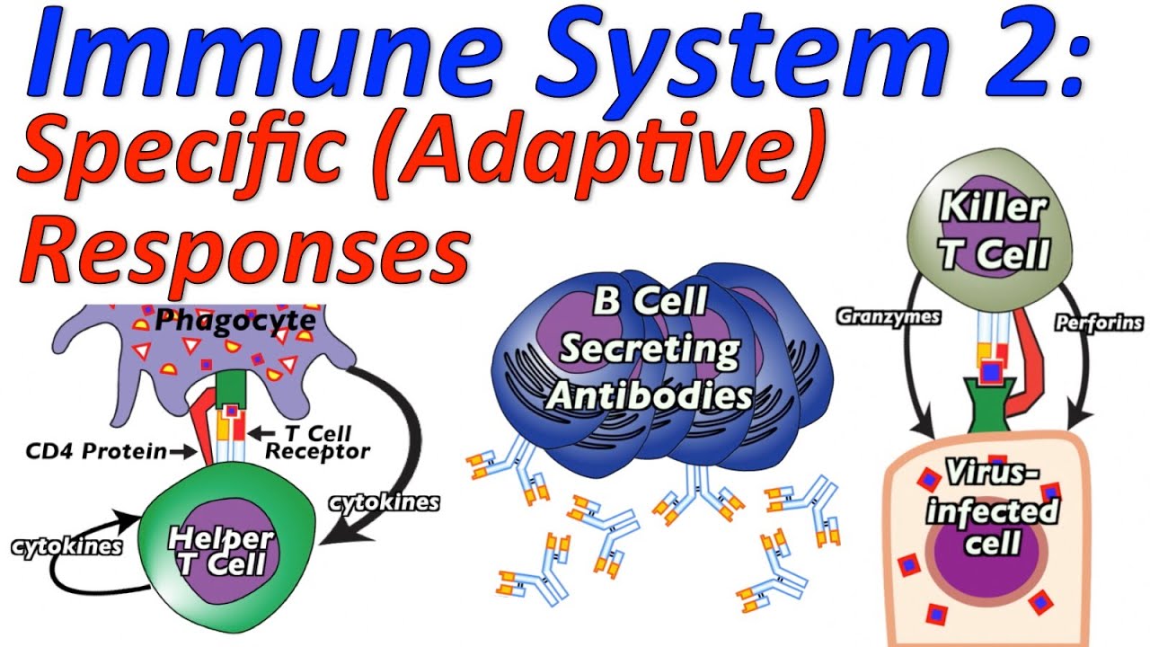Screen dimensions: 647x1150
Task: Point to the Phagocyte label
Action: (234, 320)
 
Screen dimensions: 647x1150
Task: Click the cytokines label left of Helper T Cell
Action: (67, 546)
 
